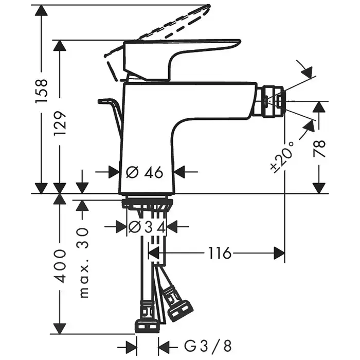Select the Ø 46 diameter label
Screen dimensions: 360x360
(x=145, y=172)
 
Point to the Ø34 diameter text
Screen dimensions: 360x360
(x=147, y=227)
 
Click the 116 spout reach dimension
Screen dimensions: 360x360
(x=220, y=253)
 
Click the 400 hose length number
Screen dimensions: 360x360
(x=61, y=265)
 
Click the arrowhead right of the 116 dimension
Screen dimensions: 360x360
(x=280, y=253)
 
